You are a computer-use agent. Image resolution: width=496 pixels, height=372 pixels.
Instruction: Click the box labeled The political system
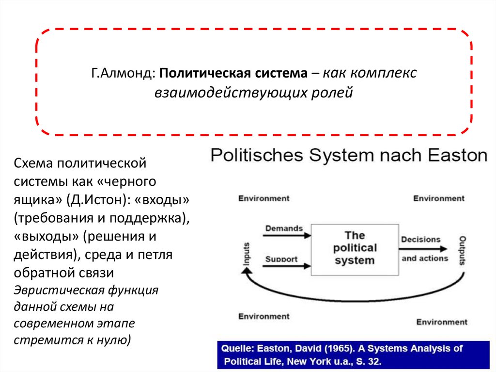[355, 248]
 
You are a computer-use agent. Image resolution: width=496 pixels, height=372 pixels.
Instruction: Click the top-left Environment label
[264, 198]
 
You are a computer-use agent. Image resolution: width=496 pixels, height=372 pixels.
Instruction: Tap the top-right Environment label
[439, 198]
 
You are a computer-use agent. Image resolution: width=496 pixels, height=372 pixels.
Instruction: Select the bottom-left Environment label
[264, 316]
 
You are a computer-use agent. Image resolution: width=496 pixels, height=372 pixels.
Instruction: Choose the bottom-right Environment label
[442, 322]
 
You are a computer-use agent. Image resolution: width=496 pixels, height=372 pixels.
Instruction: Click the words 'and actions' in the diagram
[425, 259]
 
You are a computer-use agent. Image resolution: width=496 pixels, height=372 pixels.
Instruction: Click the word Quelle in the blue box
[237, 348]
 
